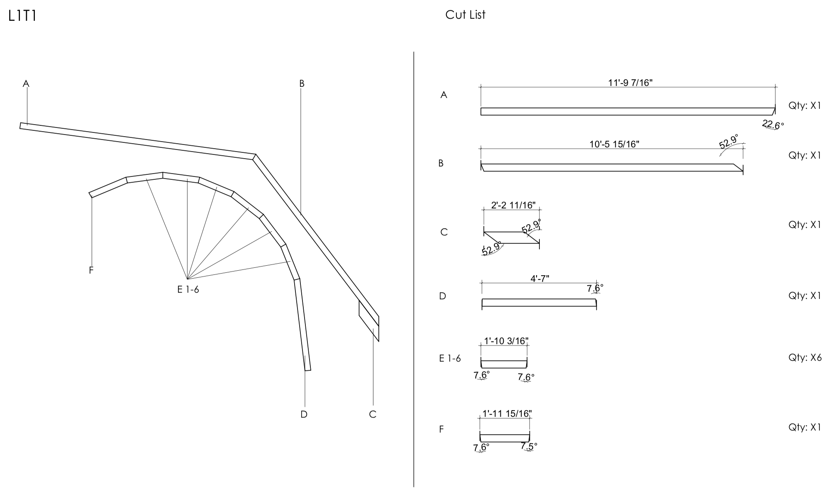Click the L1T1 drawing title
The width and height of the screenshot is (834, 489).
(22, 16)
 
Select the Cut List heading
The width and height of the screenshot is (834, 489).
(465, 15)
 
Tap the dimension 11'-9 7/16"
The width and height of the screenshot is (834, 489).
(630, 83)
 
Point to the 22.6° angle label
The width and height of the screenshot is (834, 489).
(773, 124)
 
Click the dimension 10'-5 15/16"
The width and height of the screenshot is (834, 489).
(615, 144)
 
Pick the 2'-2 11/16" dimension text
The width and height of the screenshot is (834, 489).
(513, 205)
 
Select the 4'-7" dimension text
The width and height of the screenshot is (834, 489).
(540, 279)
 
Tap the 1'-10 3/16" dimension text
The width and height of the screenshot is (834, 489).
(506, 341)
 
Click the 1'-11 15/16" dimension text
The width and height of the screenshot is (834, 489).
(507, 413)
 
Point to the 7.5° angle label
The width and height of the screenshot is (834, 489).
(529, 446)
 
